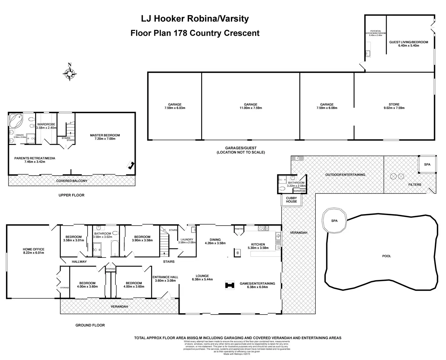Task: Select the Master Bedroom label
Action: point(105,135)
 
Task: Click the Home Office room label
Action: point(34,249)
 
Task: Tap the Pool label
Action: point(387,256)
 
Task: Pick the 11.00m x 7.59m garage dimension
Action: point(251,108)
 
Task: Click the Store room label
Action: point(394,104)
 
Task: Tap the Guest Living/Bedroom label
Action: point(408,42)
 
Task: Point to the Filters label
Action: point(414,184)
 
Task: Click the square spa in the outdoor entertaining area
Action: point(427,164)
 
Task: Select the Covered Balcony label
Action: point(72,181)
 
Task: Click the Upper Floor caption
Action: point(72,195)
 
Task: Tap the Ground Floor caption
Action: point(90,325)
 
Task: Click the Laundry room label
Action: point(185,240)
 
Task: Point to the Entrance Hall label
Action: point(165,277)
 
